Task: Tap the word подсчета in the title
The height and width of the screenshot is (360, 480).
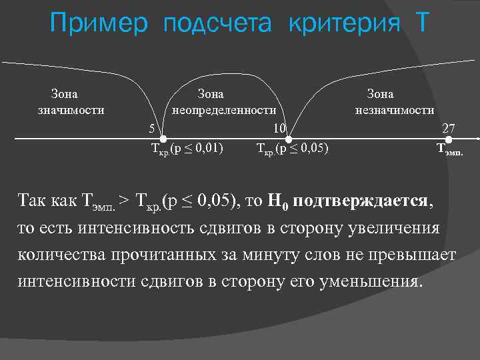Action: [217, 25]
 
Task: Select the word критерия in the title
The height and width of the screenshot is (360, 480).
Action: [345, 25]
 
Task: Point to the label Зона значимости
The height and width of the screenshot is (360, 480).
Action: [70, 102]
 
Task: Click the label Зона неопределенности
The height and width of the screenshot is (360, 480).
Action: [224, 102]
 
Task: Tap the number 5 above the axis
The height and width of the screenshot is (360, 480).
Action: [152, 128]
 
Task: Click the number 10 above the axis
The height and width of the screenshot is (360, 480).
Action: [280, 128]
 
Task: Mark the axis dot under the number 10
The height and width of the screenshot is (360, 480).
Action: [288, 139]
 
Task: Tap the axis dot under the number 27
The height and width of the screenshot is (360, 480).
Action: [449, 139]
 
